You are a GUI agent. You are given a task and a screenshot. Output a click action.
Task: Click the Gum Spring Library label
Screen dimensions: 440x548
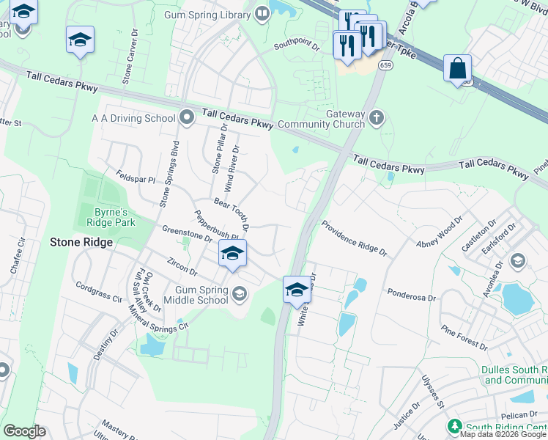click(x=208, y=14)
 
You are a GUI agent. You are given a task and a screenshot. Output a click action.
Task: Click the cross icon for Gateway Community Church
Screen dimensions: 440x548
click(x=377, y=117)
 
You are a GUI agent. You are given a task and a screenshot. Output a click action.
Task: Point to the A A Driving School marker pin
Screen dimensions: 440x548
click(x=186, y=117)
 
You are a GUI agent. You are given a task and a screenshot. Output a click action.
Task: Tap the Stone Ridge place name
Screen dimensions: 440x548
click(x=81, y=242)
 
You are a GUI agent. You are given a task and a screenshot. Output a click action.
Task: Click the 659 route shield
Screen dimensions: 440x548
click(x=384, y=65)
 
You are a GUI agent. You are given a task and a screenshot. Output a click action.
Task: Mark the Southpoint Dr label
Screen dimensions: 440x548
click(x=297, y=45)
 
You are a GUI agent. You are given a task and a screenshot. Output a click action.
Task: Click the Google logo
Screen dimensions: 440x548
click(x=24, y=431)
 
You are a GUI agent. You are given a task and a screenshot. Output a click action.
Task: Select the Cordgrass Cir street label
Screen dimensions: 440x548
click(x=98, y=293)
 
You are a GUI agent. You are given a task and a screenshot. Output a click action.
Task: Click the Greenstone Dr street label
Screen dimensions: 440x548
click(x=187, y=232)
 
